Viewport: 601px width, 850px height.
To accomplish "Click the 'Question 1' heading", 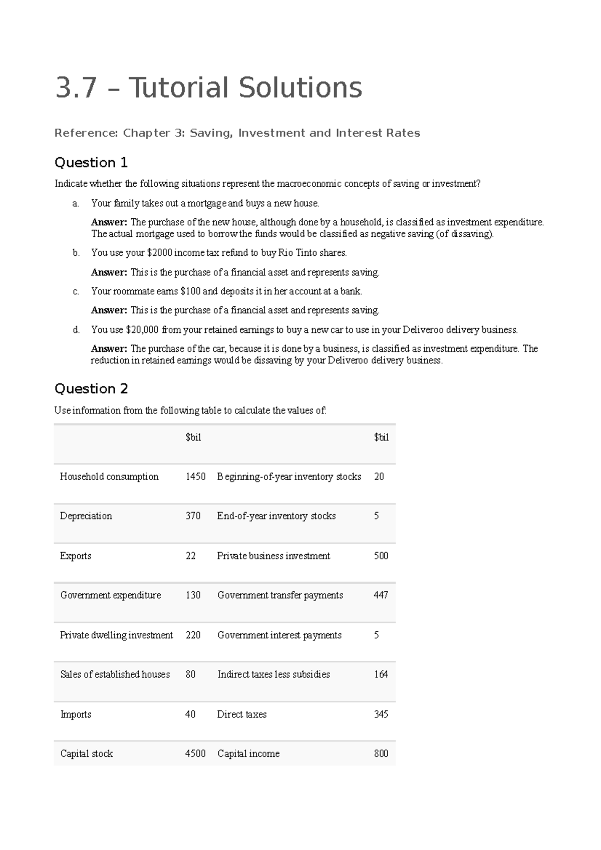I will click(91, 163).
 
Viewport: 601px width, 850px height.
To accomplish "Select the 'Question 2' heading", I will click(91, 389).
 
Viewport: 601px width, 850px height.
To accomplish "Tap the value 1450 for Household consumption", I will click(195, 477).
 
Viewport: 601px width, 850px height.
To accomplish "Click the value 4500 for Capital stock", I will click(195, 754).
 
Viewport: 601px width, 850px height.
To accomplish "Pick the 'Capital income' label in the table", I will click(248, 754).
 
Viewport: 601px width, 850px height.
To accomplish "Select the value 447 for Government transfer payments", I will click(381, 595).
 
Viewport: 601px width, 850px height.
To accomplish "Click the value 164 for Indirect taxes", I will click(381, 675).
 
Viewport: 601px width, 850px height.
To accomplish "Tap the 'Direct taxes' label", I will click(242, 715).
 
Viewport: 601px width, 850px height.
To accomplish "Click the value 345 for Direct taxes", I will click(381, 715).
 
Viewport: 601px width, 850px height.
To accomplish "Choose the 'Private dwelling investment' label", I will click(116, 635).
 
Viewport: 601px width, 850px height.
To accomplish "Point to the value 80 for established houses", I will click(190, 675).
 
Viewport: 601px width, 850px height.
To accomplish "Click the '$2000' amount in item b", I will click(159, 253).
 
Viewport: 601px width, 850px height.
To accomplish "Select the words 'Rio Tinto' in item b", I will click(296, 253).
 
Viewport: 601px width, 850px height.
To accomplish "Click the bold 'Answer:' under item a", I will click(109, 222).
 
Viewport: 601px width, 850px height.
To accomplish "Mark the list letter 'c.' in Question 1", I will click(76, 291).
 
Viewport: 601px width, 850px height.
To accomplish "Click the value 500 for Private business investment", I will click(381, 556).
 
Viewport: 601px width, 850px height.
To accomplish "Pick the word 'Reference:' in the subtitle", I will click(86, 133).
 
